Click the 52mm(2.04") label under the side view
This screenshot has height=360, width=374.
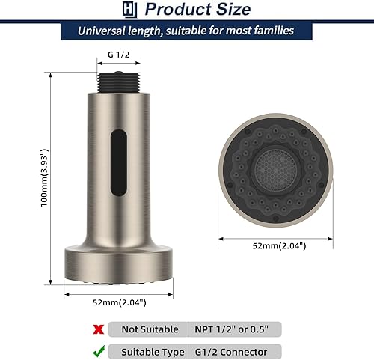pyautogui.click(x=119, y=302)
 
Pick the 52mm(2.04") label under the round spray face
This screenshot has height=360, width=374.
pyautogui.click(x=272, y=246)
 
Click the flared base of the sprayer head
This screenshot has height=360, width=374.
pyautogui.click(x=119, y=265)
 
